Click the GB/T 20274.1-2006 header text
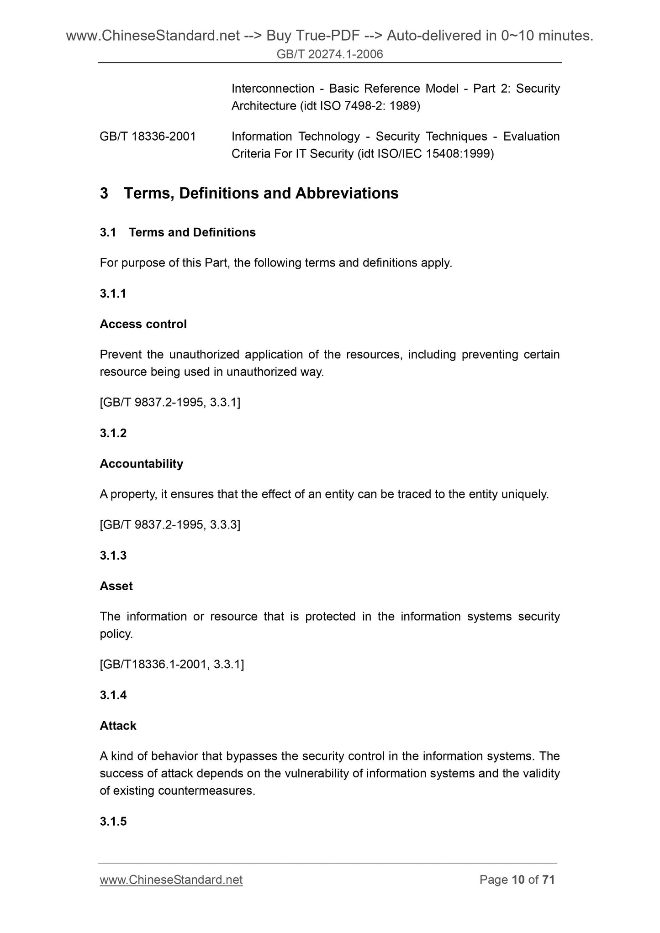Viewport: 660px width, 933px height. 330,55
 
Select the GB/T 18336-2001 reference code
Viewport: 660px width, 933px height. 148,136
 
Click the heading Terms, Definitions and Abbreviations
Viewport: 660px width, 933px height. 261,194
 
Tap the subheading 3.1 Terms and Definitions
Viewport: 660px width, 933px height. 178,232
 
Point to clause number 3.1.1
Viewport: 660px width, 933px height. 113,294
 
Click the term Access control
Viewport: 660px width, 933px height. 143,324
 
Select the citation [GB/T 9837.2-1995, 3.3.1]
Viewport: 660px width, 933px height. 170,403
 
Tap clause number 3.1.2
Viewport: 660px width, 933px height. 113,433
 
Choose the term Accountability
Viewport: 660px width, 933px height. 141,464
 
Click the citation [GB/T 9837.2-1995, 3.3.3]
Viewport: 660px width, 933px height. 170,525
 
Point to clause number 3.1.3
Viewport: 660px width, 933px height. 113,556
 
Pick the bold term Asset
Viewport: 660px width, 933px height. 116,586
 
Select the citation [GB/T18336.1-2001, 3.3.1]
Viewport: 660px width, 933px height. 172,665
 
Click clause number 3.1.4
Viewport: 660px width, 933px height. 113,695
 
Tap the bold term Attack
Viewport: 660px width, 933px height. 118,726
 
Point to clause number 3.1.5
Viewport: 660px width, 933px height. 113,822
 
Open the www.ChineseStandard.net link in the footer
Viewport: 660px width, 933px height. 171,880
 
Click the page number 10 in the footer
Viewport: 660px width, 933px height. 518,880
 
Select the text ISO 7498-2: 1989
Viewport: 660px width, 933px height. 368,106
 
